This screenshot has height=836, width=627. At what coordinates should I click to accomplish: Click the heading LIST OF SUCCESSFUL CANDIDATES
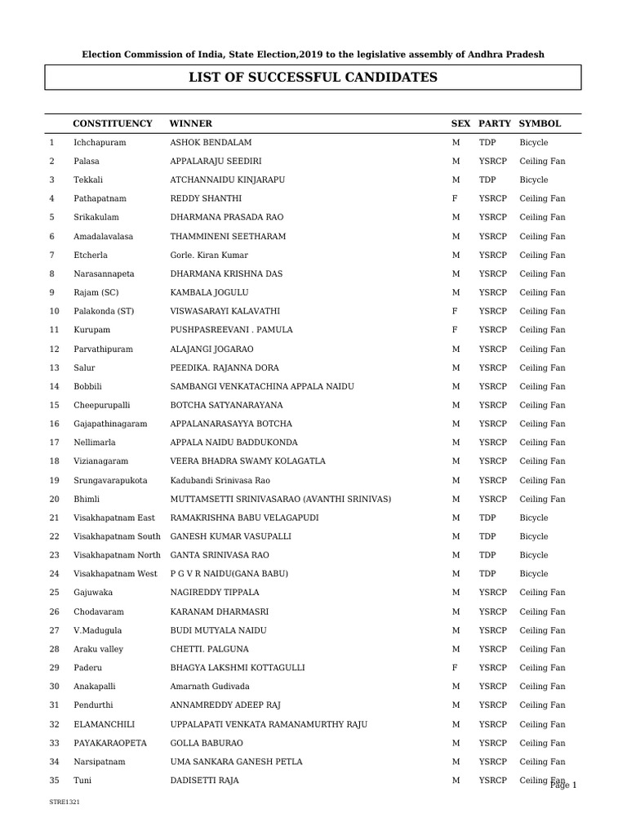pyautogui.click(x=313, y=78)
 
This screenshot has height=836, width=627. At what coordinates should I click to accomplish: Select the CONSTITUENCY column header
pyautogui.click(x=113, y=123)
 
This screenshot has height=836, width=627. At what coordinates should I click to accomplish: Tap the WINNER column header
pyautogui.click(x=190, y=123)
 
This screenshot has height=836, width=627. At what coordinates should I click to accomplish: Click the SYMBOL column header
pyautogui.click(x=540, y=123)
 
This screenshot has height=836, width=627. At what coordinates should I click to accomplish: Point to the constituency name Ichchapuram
pyautogui.click(x=100, y=142)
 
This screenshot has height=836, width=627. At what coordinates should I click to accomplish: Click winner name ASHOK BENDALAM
pyautogui.click(x=211, y=142)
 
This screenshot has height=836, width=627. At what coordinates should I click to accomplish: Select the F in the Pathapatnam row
pyautogui.click(x=455, y=198)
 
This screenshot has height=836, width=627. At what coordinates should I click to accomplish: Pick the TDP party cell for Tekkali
pyautogui.click(x=487, y=180)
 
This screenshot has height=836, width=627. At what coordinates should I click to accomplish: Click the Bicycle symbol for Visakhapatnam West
pyautogui.click(x=534, y=574)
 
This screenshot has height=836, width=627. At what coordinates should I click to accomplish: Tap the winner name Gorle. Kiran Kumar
pyautogui.click(x=209, y=255)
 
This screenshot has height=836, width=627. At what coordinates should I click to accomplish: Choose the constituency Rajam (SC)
pyautogui.click(x=96, y=292)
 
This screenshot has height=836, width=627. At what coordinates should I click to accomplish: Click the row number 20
pyautogui.click(x=54, y=499)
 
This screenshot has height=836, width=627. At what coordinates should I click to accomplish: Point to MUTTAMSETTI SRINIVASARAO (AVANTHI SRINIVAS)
pyautogui.click(x=280, y=499)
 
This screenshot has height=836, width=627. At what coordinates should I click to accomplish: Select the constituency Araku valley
pyautogui.click(x=100, y=649)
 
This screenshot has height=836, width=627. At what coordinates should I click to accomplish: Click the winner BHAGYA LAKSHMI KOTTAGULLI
pyautogui.click(x=237, y=668)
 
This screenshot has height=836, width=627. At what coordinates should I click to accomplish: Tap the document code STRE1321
pyautogui.click(x=64, y=803)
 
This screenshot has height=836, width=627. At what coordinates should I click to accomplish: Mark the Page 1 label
pyautogui.click(x=563, y=785)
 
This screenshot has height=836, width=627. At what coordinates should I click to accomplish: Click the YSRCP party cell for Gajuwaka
pyautogui.click(x=492, y=593)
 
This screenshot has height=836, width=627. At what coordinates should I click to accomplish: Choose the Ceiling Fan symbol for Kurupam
pyautogui.click(x=542, y=330)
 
